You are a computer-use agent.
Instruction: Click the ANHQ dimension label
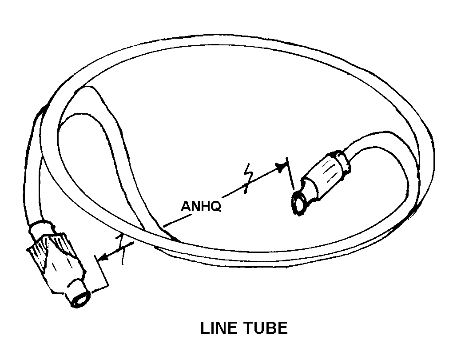(x=201, y=207)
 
